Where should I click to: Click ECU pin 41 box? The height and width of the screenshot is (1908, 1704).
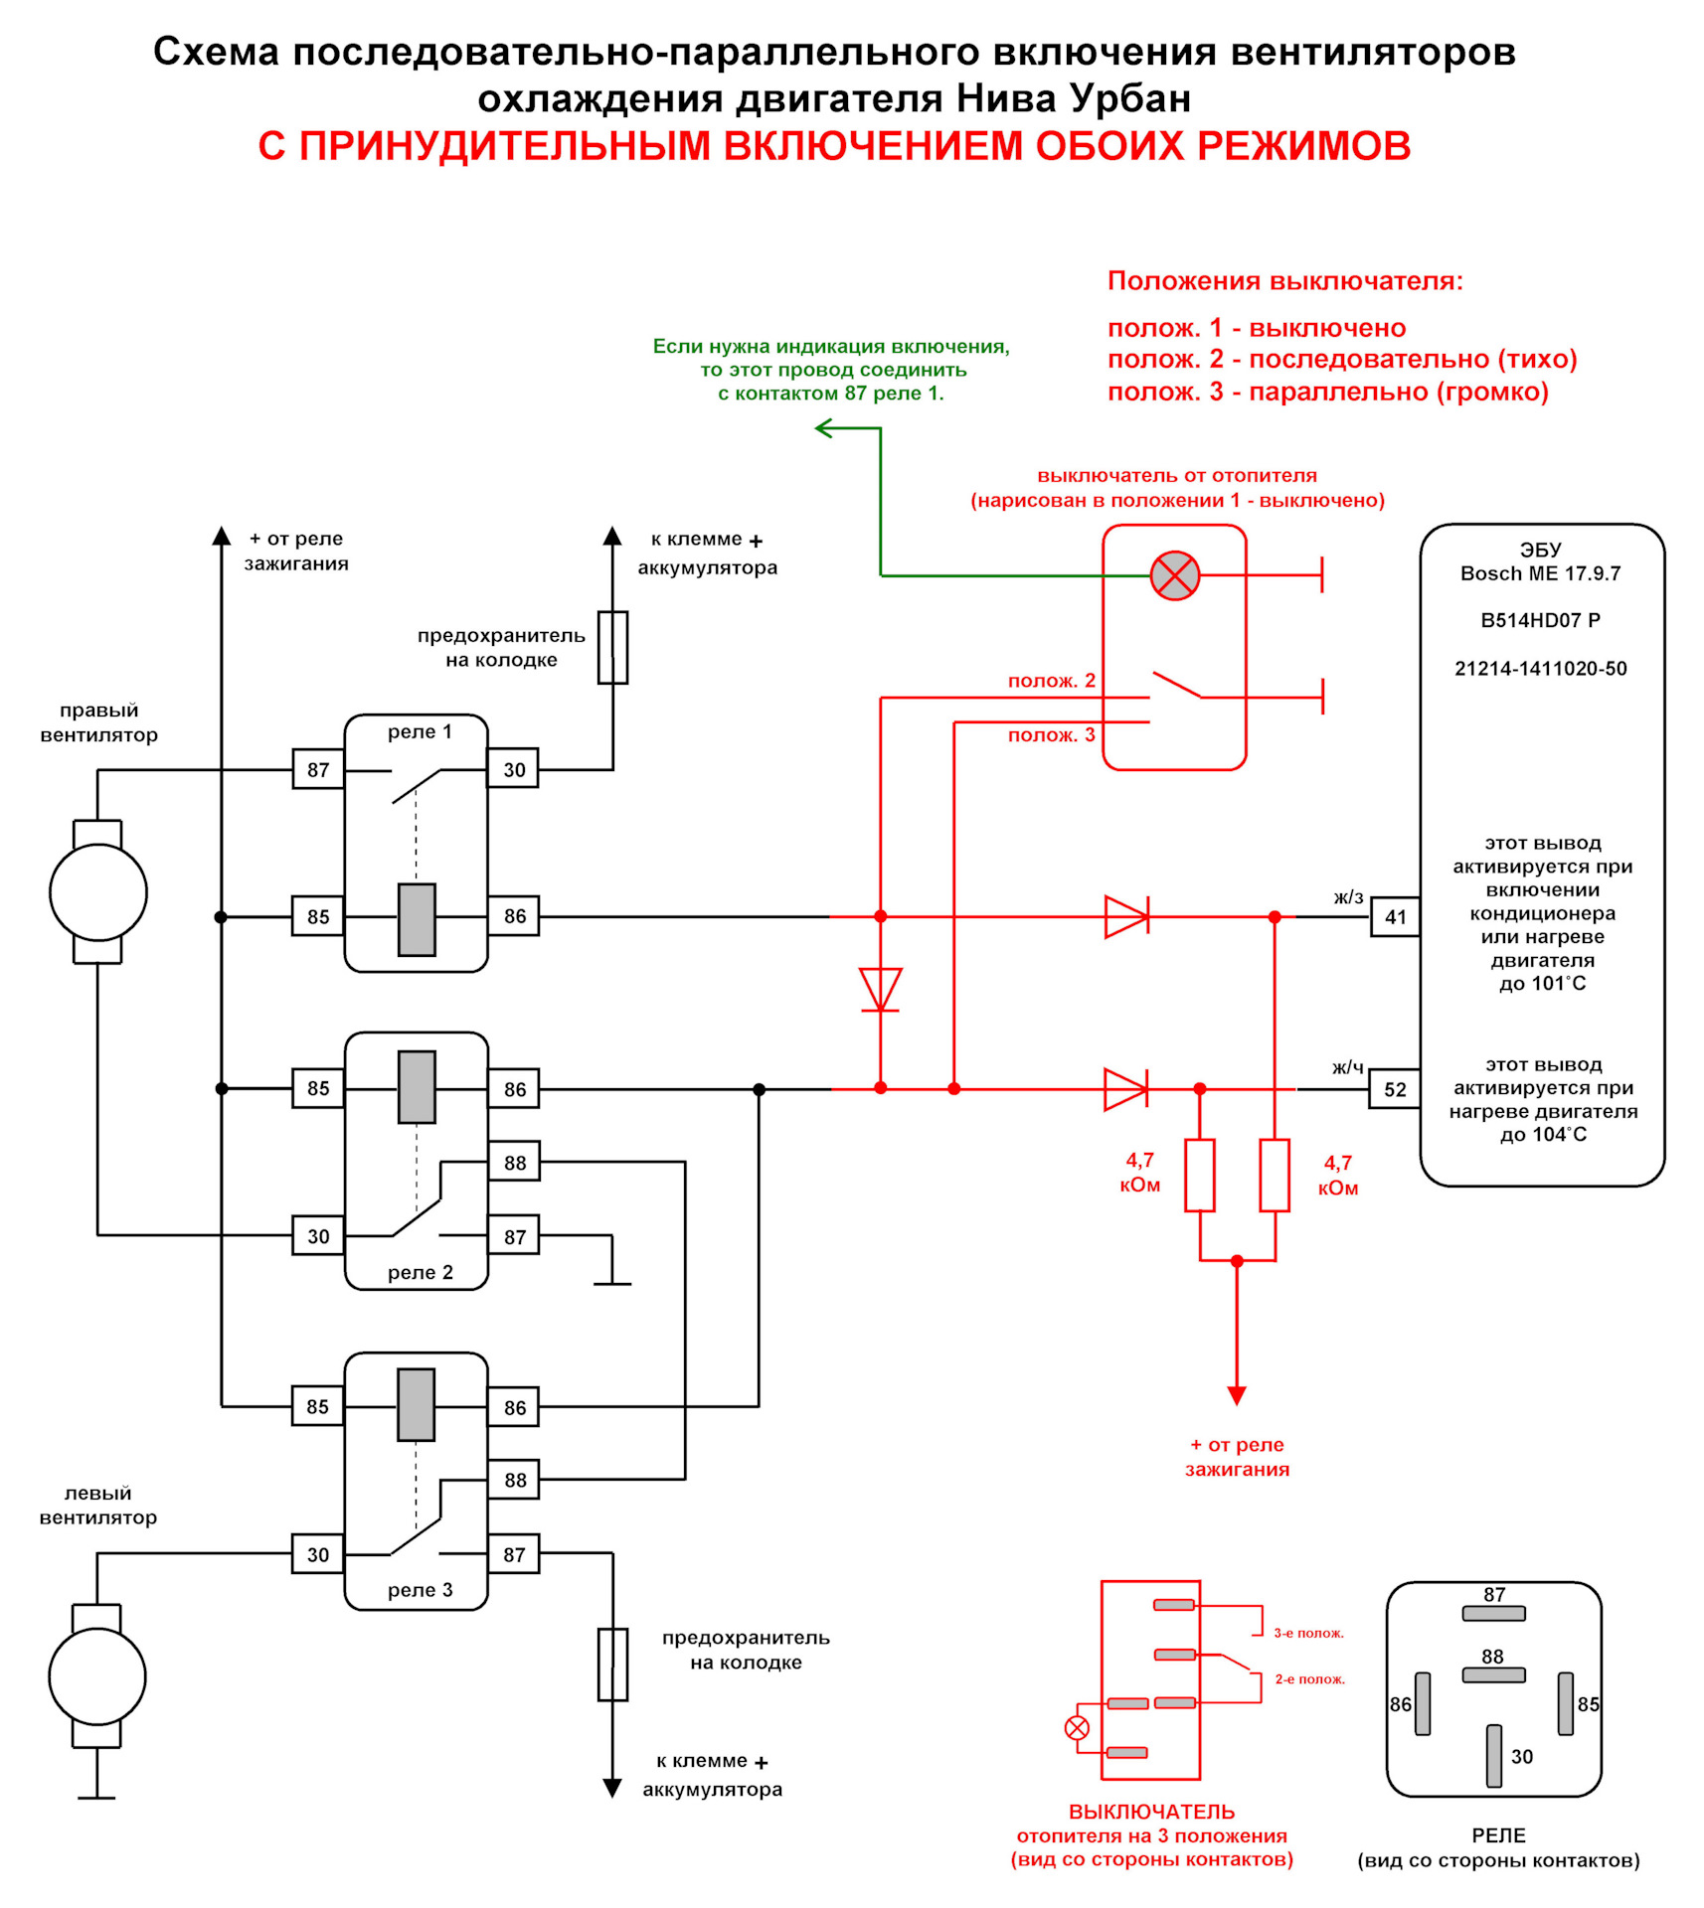[x=1395, y=916]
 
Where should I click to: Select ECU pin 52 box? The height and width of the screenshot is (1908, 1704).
[x=1395, y=1089]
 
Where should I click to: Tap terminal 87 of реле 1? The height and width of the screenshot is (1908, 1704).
[x=318, y=769]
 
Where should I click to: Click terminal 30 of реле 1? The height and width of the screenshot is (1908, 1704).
[x=514, y=769]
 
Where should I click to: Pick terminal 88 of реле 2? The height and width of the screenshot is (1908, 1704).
[x=514, y=1162]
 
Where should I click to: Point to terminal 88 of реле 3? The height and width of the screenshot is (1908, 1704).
[x=514, y=1480]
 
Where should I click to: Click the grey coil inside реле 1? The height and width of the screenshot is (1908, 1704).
[x=417, y=919]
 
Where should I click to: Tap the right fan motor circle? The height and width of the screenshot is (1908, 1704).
[x=98, y=892]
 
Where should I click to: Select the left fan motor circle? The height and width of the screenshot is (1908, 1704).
[x=97, y=1676]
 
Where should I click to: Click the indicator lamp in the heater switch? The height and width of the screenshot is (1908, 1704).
[x=1174, y=575]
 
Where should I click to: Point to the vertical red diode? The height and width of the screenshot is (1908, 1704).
[x=880, y=990]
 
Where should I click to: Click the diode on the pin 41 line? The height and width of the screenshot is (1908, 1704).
[x=1126, y=916]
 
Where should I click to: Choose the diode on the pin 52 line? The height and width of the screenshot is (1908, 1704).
[x=1126, y=1089]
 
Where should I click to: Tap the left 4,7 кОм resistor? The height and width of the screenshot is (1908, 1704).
[x=1200, y=1175]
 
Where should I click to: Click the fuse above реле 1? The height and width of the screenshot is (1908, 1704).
[x=612, y=647]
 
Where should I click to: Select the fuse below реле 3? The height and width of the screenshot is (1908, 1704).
[x=612, y=1665]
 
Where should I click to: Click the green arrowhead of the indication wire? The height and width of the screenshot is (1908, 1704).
[x=823, y=428]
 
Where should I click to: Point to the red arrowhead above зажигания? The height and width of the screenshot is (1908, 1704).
[x=1237, y=1395]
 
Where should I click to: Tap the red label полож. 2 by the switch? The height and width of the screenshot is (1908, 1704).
[x=1051, y=681]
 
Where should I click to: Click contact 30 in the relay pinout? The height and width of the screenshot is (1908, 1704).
[x=1494, y=1755]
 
